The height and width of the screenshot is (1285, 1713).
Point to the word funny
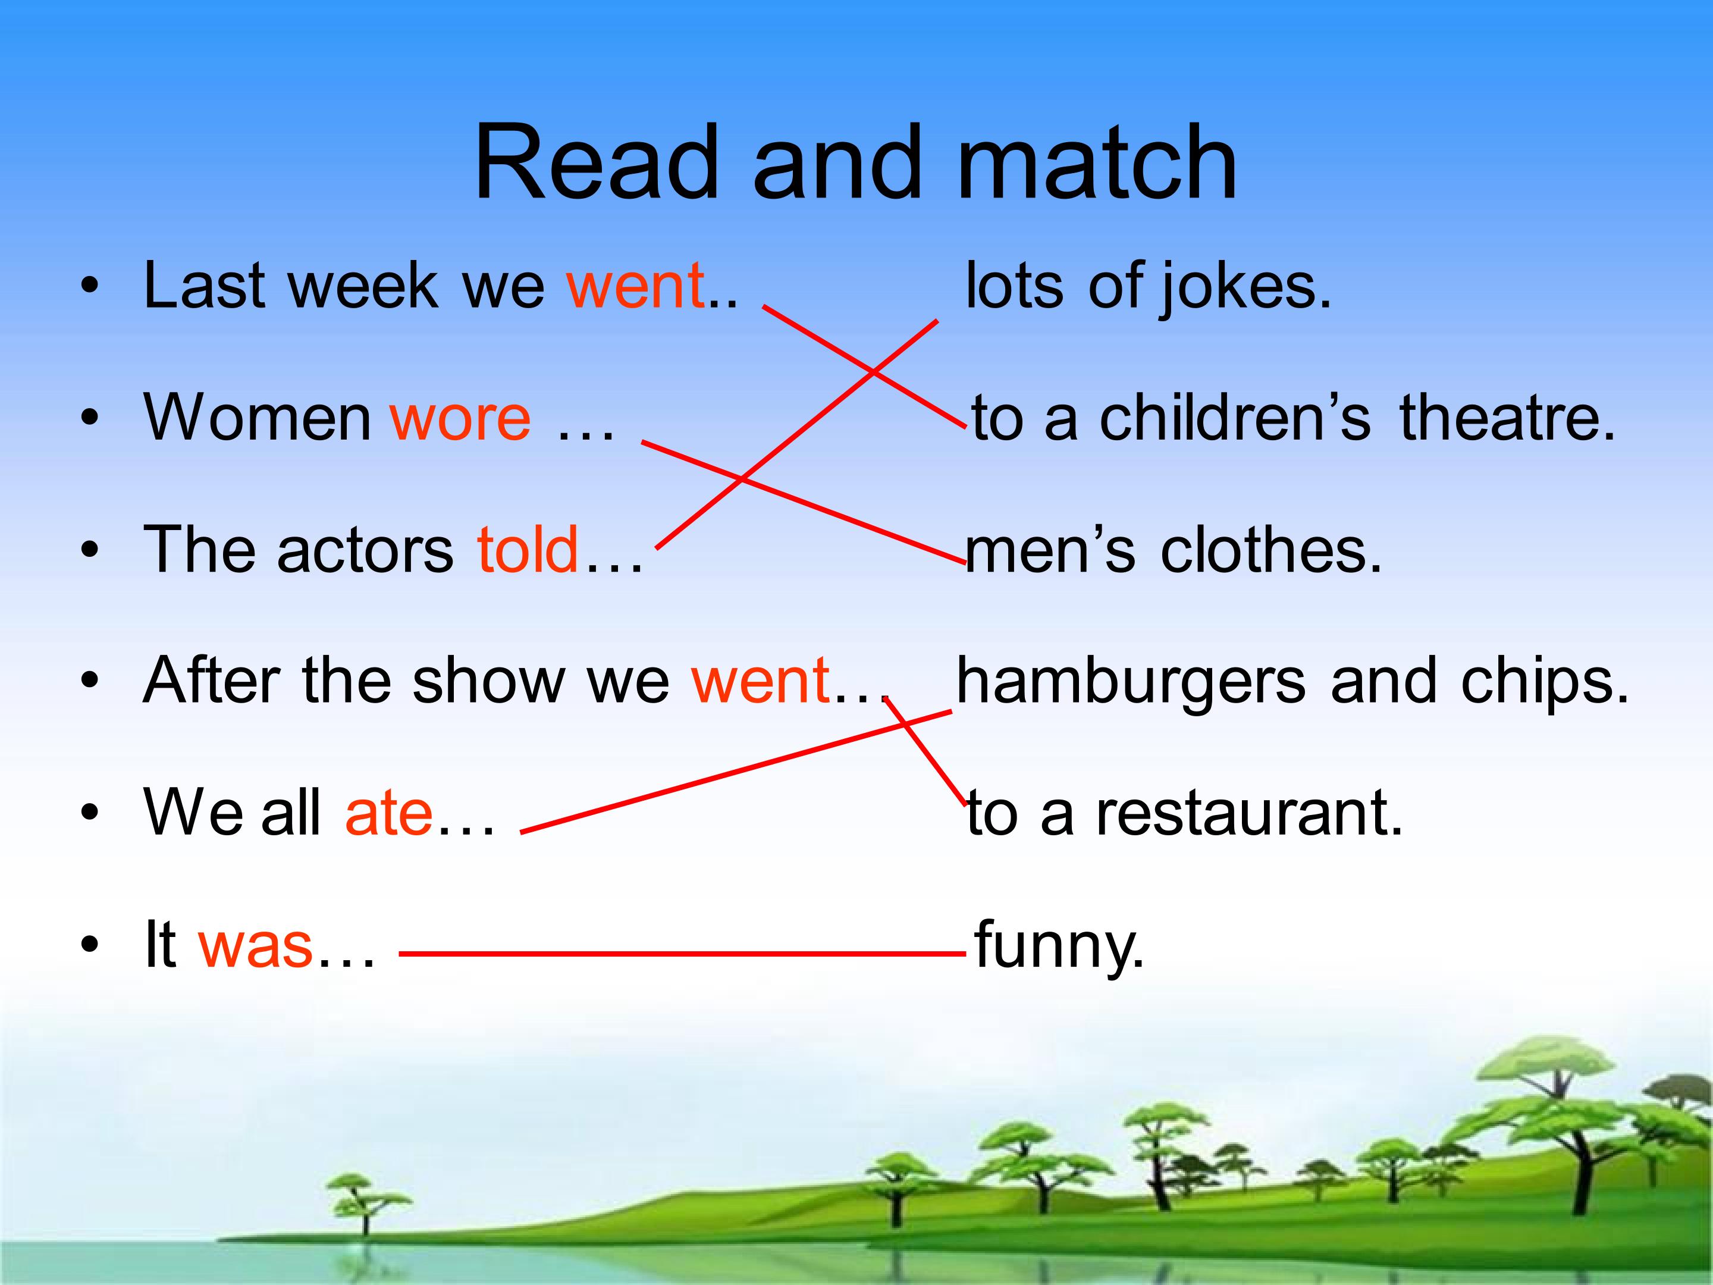pyautogui.click(x=1059, y=946)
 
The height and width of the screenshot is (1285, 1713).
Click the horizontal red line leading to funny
pyautogui.click(x=682, y=954)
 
